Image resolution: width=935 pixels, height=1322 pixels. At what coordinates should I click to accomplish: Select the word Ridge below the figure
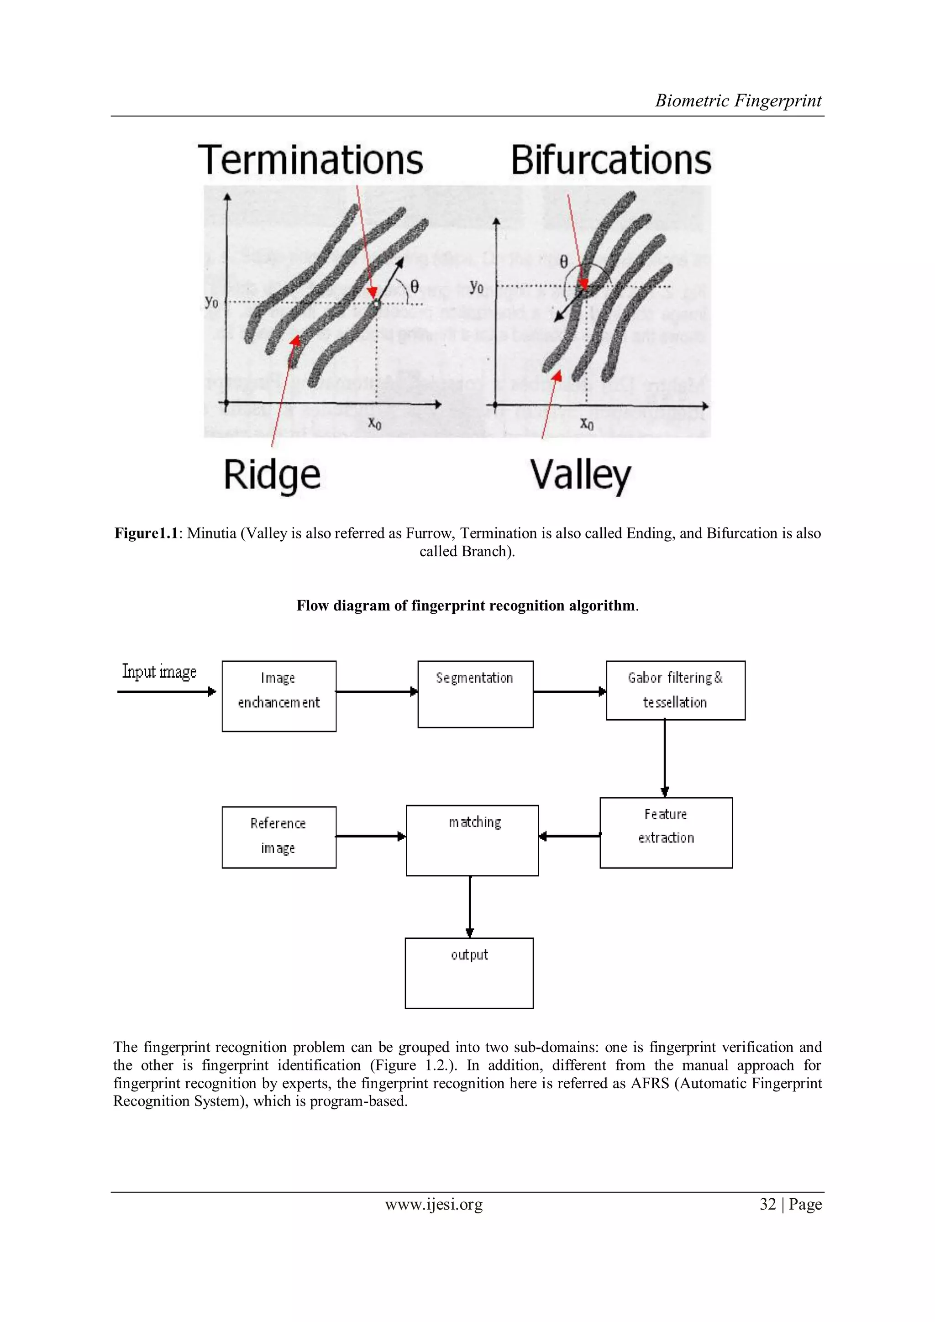click(x=272, y=475)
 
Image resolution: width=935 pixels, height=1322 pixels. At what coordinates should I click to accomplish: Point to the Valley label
click(x=580, y=475)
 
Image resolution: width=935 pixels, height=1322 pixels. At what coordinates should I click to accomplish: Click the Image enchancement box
click(x=278, y=695)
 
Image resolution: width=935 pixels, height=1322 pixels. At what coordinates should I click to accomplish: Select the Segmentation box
click(x=475, y=694)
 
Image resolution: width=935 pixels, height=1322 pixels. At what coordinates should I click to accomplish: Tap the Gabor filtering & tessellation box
click(x=675, y=690)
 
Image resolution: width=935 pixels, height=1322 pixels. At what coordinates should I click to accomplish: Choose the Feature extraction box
click(x=666, y=832)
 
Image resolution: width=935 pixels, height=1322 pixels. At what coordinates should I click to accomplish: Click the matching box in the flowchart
click(x=472, y=840)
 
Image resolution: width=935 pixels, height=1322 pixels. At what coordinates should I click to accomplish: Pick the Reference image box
click(x=278, y=837)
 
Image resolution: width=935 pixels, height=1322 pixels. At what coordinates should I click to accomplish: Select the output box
click(x=469, y=973)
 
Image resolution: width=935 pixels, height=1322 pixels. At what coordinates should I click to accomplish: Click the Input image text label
click(x=159, y=671)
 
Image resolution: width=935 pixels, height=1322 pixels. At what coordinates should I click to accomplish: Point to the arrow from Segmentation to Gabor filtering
click(x=569, y=691)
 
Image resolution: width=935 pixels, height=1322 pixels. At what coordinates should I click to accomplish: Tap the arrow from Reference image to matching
click(x=371, y=836)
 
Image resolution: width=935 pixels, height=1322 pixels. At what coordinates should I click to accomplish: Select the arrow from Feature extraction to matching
click(x=569, y=836)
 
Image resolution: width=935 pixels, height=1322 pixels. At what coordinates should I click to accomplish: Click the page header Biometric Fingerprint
click(x=738, y=101)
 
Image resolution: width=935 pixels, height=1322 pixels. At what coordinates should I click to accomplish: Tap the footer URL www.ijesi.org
click(x=434, y=1204)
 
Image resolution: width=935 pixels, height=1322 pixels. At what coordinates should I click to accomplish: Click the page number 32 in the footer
click(x=767, y=1204)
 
